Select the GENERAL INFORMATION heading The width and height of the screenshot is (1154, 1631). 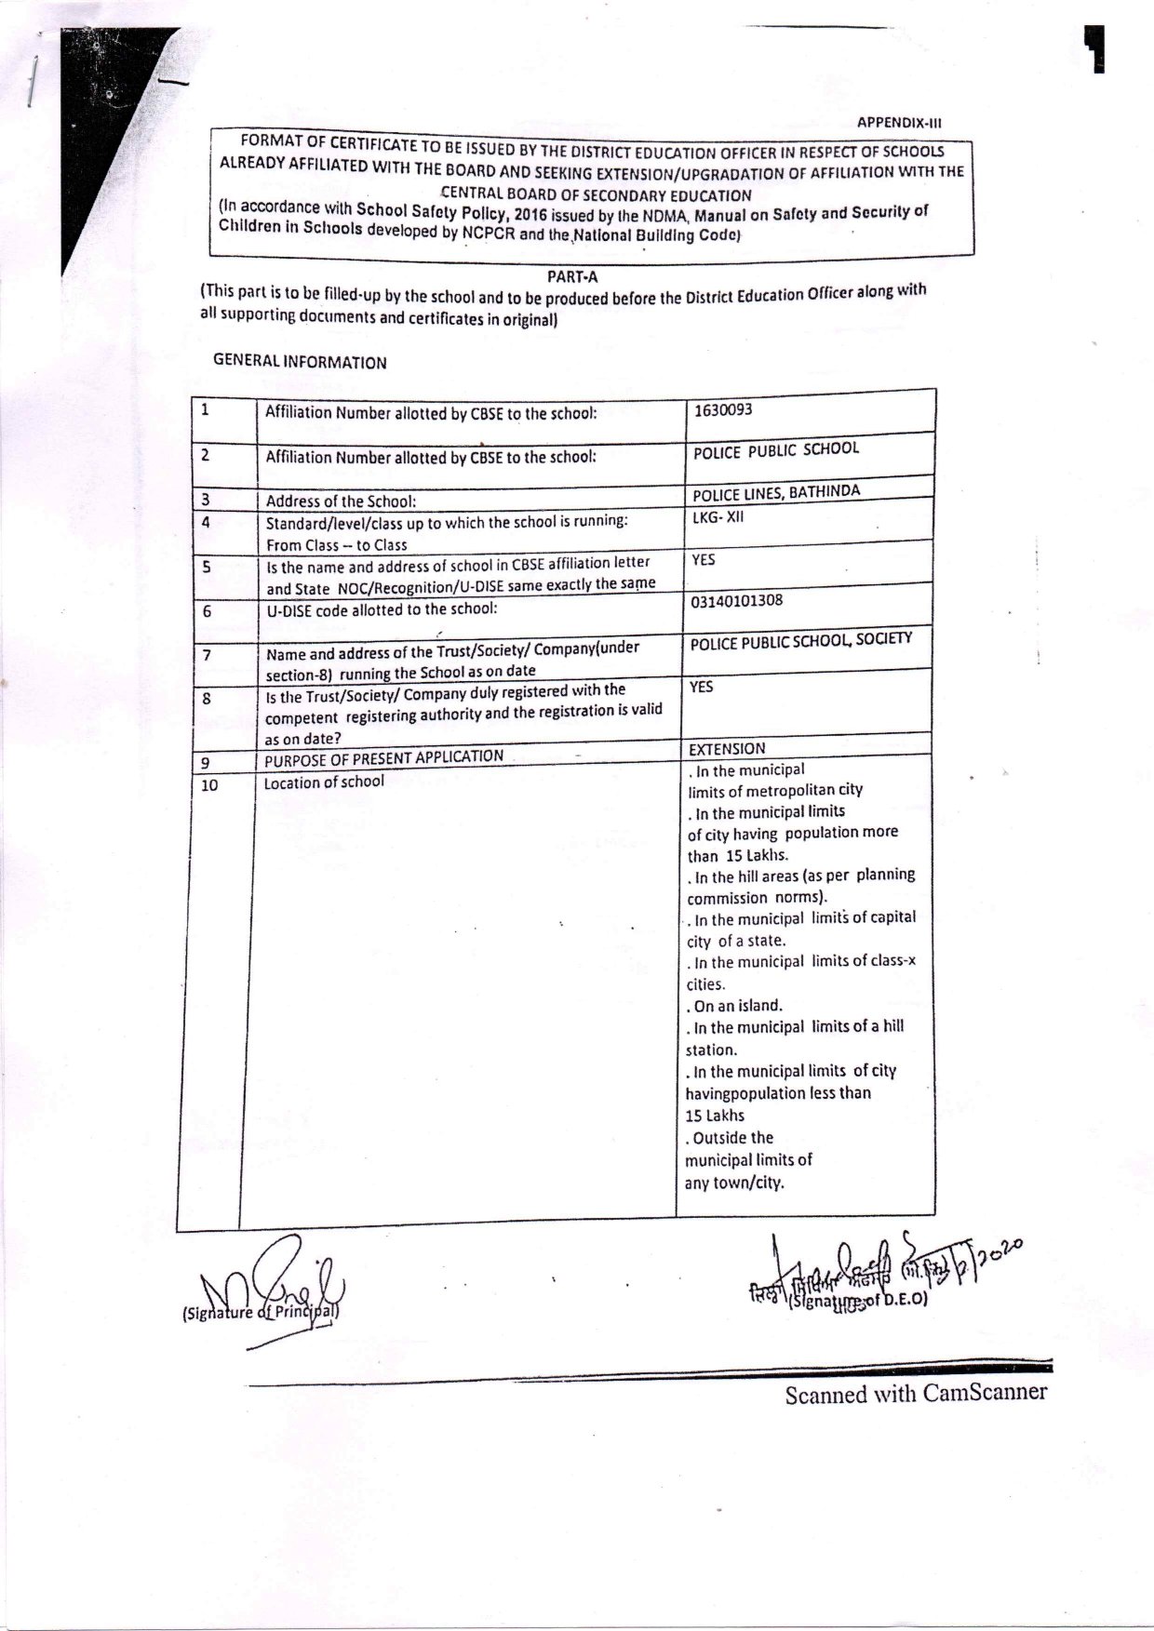(300, 362)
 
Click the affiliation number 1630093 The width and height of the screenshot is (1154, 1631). (723, 409)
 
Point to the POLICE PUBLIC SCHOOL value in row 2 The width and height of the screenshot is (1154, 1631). (776, 450)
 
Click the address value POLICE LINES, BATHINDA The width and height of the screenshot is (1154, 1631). (776, 493)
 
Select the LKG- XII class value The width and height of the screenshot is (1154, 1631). (718, 517)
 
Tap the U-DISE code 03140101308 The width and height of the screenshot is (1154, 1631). (737, 601)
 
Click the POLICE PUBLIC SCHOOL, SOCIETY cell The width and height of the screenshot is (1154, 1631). (800, 641)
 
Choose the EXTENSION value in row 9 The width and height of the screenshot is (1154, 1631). (727, 749)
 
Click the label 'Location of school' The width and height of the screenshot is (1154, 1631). (324, 782)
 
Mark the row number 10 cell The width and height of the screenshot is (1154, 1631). (209, 785)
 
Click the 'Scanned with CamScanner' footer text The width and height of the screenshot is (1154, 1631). (916, 1393)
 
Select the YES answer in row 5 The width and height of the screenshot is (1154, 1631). (704, 560)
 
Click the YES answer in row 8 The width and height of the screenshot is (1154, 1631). (702, 687)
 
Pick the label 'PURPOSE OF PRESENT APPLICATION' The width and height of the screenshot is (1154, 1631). (383, 758)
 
